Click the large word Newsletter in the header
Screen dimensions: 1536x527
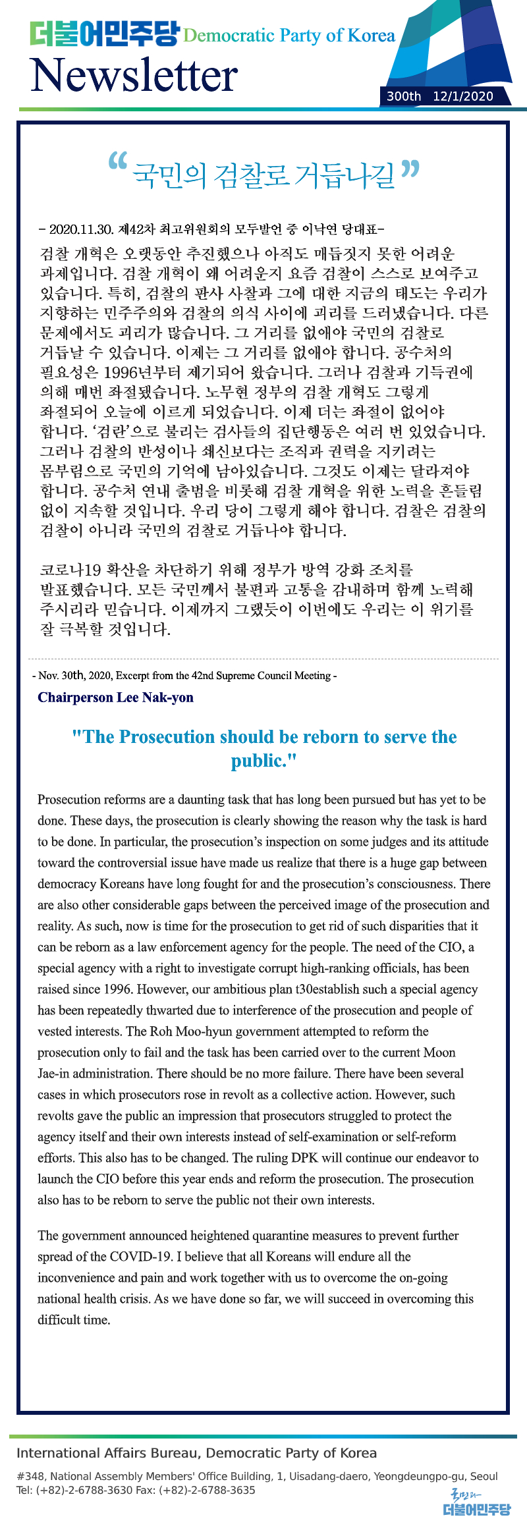tap(134, 74)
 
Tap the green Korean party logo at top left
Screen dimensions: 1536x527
tap(104, 34)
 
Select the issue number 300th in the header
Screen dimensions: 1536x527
tap(403, 96)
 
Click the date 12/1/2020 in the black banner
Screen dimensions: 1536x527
tap(463, 96)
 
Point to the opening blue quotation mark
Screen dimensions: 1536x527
tap(117, 162)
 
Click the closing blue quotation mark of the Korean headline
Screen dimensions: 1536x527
tap(410, 169)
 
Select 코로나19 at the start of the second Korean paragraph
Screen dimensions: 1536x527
tap(70, 570)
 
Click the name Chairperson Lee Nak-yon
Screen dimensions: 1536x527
tap(116, 698)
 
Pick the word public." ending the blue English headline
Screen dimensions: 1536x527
tap(263, 761)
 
